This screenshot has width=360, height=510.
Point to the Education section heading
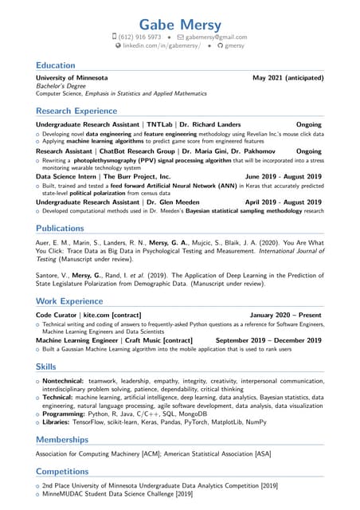coord(56,65)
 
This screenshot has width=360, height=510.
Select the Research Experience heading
coord(76,112)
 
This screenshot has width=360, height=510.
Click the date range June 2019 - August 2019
coord(284,176)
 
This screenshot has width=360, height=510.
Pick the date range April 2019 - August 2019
coord(284,202)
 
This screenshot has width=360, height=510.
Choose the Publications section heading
coord(60,229)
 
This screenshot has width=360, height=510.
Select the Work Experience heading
coord(69,301)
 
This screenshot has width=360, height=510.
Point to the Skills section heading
coord(46,367)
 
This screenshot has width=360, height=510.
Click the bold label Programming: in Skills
coord(65,414)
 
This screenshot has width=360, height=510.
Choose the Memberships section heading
coord(62,440)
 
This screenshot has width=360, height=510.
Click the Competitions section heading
coord(64,472)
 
